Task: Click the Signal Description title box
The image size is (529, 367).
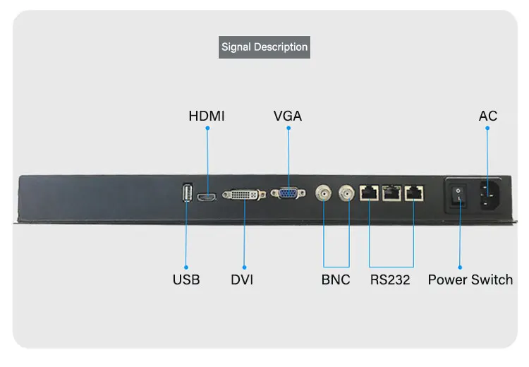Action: tap(264, 47)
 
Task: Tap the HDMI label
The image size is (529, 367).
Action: tap(207, 116)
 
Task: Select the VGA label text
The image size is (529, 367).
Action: tap(288, 116)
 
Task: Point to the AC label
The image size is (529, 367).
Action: tap(488, 116)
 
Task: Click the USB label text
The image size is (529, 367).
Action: tap(186, 279)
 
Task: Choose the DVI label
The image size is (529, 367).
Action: tap(242, 279)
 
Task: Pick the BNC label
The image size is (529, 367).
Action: tap(336, 279)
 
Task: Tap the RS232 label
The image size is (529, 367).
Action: tap(390, 279)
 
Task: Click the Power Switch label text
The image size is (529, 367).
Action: tap(470, 279)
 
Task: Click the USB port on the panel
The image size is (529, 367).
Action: tap(186, 194)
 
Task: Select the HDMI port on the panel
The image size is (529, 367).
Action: tap(207, 198)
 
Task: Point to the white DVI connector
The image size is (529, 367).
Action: tap(243, 193)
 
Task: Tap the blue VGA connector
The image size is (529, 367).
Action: tap(288, 193)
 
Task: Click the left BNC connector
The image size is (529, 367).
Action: tap(324, 192)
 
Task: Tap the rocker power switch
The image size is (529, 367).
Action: tap(459, 194)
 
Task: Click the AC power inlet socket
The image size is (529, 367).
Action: tap(489, 193)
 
